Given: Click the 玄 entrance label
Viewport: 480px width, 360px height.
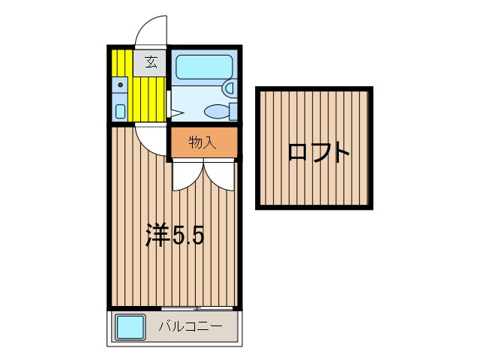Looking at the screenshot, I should tap(151, 62).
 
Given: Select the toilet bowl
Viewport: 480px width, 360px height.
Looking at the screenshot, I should tap(216, 112).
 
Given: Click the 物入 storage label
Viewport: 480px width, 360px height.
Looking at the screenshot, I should tap(202, 142).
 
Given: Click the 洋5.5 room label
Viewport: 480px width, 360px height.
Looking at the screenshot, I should tap(175, 236).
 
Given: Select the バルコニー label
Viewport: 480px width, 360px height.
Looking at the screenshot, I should tap(190, 327).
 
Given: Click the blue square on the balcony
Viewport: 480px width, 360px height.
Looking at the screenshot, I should tap(130, 328).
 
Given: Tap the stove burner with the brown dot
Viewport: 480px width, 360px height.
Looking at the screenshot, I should tap(120, 84).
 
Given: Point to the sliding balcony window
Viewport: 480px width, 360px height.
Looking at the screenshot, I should tap(196, 308).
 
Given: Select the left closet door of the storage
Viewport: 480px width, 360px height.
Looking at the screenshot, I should tap(185, 174).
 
